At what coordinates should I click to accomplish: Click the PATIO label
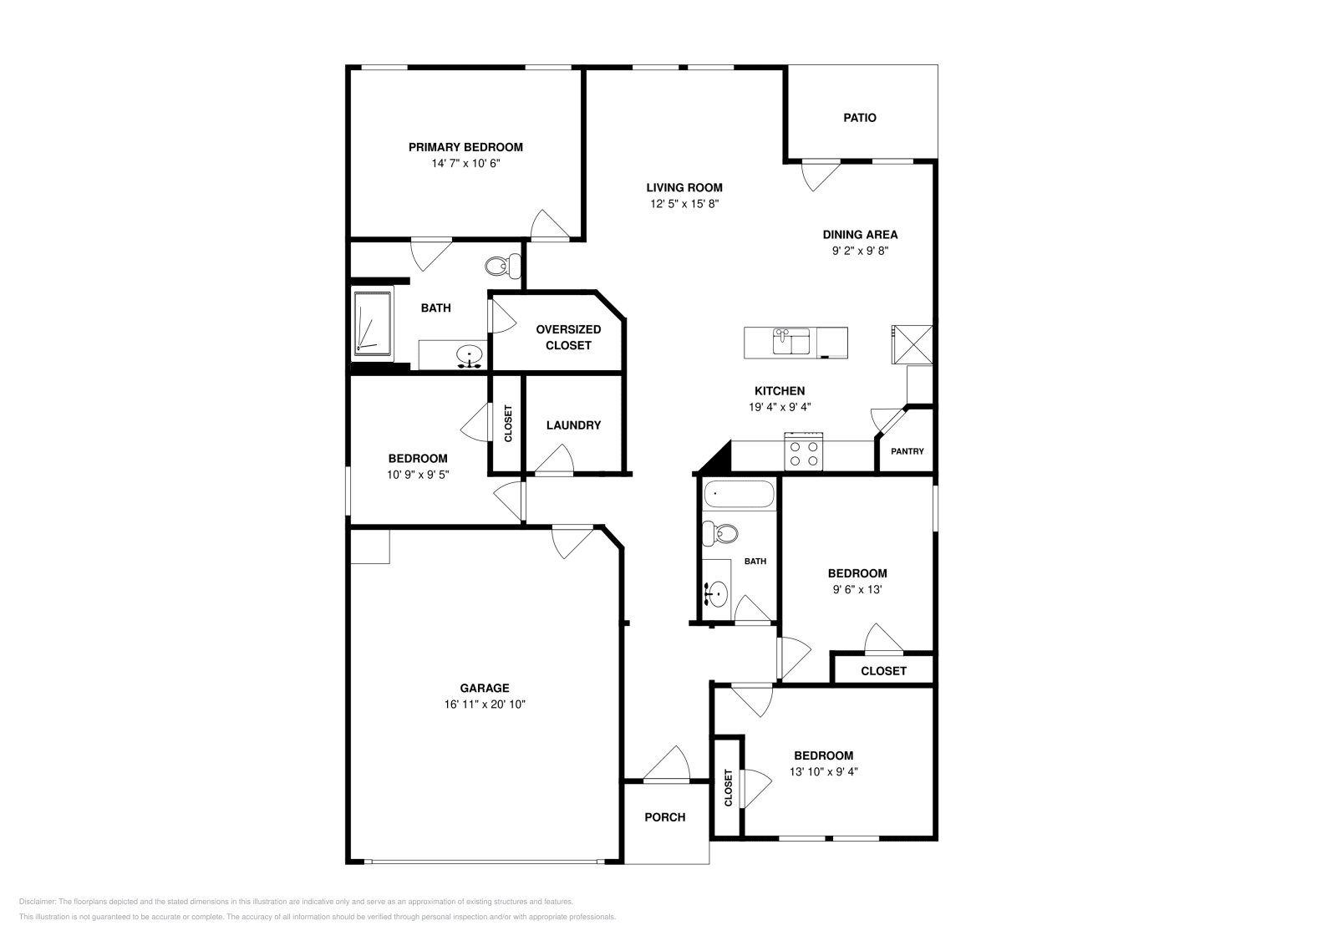click(860, 118)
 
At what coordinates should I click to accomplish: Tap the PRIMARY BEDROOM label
click(465, 147)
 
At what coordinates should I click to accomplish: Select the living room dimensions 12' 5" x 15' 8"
click(684, 204)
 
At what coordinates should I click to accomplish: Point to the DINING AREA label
click(860, 235)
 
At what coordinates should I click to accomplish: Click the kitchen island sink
click(791, 342)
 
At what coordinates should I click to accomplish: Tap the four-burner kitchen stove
click(803, 451)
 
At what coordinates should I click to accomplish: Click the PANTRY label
click(907, 451)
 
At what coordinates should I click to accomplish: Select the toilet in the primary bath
click(502, 267)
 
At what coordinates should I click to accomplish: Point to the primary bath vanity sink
click(470, 356)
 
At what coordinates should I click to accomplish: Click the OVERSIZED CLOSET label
click(568, 338)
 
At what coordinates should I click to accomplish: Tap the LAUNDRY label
click(573, 425)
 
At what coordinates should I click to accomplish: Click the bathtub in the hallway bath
click(739, 494)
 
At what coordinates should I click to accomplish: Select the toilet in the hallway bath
click(719, 533)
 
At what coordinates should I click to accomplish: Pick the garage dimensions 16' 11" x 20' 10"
click(485, 704)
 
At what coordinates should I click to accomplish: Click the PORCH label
click(665, 817)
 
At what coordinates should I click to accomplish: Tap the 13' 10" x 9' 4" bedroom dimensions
click(824, 771)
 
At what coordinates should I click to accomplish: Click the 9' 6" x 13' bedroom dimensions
click(857, 590)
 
